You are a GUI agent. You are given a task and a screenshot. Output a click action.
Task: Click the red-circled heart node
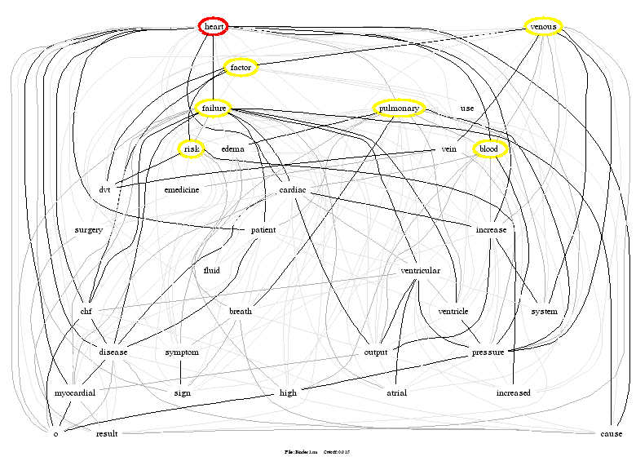click(214, 27)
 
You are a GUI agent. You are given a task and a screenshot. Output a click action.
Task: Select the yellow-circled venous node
click(543, 27)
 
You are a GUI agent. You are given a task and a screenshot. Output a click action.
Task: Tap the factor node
click(241, 67)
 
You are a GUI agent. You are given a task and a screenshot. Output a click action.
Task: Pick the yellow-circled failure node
click(213, 108)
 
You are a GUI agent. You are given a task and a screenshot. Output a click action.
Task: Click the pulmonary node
click(399, 108)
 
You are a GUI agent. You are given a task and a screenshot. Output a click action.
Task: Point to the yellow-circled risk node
click(191, 149)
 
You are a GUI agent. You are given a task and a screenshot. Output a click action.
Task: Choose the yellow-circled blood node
click(489, 149)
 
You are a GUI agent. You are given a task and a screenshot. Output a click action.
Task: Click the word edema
click(233, 149)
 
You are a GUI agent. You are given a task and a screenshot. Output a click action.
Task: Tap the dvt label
click(105, 189)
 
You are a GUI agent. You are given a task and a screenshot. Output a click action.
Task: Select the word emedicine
click(182, 189)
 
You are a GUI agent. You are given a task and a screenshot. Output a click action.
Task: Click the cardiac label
click(293, 189)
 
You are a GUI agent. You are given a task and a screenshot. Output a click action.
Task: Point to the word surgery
click(89, 230)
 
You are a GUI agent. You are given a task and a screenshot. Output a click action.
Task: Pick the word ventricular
click(421, 270)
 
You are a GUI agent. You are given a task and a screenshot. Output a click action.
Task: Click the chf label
click(86, 311)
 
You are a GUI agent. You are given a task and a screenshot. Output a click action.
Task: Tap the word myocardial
click(75, 392)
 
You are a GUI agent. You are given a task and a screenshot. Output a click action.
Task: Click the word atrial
click(396, 392)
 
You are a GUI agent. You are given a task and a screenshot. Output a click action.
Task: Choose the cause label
click(611, 433)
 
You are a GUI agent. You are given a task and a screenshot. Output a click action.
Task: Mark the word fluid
click(211, 270)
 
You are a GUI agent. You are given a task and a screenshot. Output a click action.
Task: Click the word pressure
click(488, 352)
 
